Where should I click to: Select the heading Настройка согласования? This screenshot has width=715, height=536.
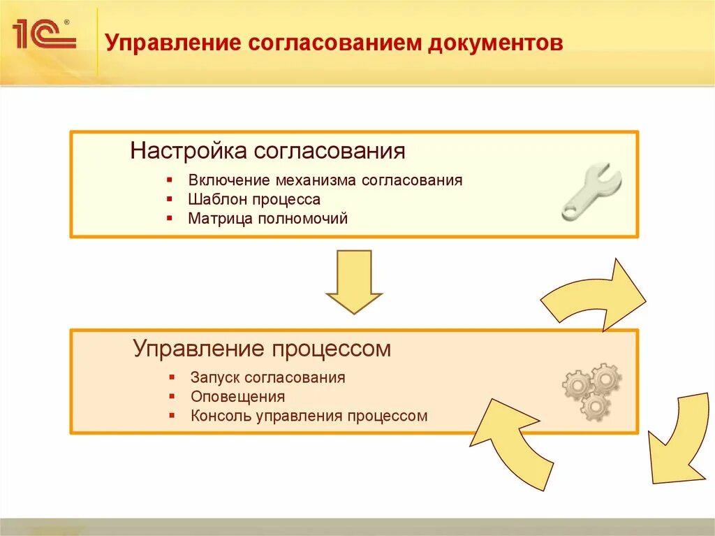(x=268, y=151)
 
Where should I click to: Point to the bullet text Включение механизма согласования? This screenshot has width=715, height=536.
(x=325, y=180)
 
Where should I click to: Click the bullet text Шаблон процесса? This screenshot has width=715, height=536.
(x=254, y=199)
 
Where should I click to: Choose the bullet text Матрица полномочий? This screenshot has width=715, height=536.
(x=267, y=219)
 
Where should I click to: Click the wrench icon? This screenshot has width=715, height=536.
(x=591, y=191)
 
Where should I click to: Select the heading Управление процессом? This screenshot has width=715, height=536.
(x=262, y=349)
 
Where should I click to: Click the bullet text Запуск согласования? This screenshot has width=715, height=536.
(x=267, y=377)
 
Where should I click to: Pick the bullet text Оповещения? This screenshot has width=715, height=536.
(x=237, y=397)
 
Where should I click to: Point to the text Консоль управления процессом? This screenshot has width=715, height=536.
(x=309, y=417)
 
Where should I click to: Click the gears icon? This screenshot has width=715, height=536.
(x=592, y=390)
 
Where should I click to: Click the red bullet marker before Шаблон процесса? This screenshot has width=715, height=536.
(x=170, y=200)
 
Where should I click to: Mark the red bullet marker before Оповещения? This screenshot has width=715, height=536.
(x=172, y=397)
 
